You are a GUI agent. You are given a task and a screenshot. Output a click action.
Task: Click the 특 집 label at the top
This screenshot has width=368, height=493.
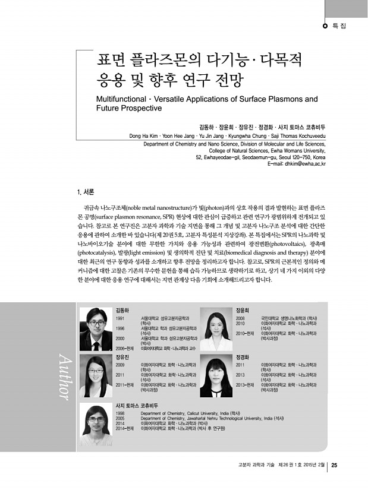[339, 26]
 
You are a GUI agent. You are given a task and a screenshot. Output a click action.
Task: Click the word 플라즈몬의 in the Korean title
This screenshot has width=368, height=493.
[157, 61]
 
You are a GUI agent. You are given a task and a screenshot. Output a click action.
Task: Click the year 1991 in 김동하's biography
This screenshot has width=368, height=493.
[120, 318]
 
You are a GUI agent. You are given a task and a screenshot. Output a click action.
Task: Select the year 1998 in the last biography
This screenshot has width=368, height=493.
[120, 412]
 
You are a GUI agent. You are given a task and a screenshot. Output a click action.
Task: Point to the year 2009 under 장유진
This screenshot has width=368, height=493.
[120, 364]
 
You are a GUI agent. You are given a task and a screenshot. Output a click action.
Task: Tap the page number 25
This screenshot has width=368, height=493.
[334, 464]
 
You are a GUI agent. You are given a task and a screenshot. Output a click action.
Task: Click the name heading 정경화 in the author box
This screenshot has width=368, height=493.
[242, 358]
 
